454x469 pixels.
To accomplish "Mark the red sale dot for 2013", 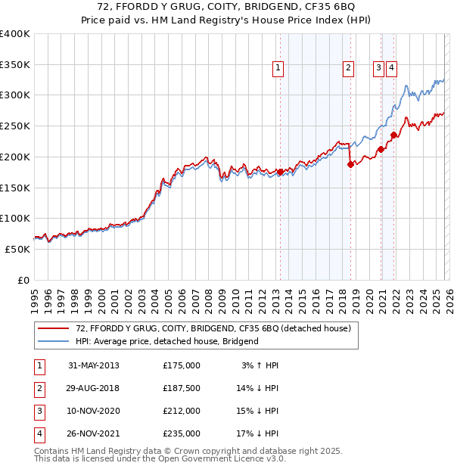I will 280,172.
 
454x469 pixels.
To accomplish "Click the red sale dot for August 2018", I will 350,164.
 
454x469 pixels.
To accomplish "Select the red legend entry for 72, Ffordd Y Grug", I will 213,329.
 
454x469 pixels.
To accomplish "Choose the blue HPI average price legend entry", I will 167,341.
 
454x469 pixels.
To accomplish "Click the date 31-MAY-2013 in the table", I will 94,365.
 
